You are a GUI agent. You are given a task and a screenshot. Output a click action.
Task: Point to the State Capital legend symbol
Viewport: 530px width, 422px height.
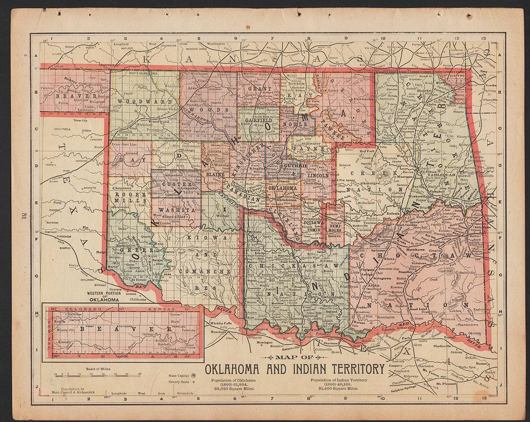tap(193, 375)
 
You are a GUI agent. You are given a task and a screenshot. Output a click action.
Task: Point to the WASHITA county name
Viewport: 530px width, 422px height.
tap(174, 210)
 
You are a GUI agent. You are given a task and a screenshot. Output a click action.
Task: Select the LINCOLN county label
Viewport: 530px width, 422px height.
tap(318, 176)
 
